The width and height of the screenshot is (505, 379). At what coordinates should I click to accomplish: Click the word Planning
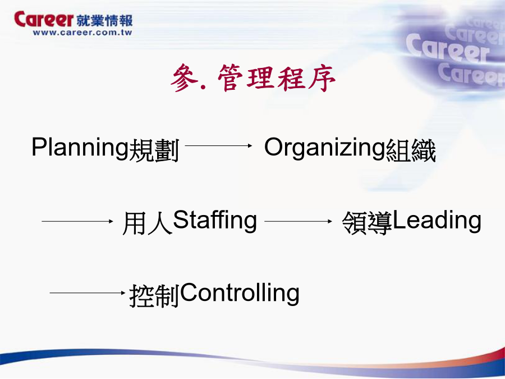(x=80, y=148)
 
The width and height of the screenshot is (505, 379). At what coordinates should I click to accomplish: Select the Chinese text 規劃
(x=154, y=150)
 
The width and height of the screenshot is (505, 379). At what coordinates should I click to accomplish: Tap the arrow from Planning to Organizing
(x=218, y=145)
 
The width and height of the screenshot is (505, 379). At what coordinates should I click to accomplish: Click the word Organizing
(x=325, y=148)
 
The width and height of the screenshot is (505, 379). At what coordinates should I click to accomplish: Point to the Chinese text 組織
(x=411, y=150)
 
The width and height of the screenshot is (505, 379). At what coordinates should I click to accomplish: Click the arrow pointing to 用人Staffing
(x=77, y=221)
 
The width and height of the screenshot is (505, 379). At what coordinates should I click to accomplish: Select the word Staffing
(x=215, y=221)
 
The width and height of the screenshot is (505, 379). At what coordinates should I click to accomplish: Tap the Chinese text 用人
(x=148, y=223)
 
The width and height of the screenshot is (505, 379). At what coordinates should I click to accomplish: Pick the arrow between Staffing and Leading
(x=298, y=221)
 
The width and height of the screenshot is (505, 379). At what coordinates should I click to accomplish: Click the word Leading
(x=437, y=221)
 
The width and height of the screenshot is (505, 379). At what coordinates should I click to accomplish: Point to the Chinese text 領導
(x=367, y=223)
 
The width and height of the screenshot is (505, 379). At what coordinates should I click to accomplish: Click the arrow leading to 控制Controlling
(x=88, y=293)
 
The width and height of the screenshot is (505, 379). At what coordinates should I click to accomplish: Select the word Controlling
(x=240, y=293)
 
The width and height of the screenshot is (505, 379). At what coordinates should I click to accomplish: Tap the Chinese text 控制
(x=154, y=295)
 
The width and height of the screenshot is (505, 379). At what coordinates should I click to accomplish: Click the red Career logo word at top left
(x=44, y=19)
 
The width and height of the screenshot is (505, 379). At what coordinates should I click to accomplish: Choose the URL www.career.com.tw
(x=82, y=33)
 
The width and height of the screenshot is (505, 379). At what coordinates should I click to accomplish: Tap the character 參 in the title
(x=184, y=77)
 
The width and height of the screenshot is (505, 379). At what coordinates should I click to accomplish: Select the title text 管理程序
(x=277, y=77)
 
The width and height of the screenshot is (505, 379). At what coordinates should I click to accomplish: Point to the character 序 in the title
(x=322, y=78)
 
